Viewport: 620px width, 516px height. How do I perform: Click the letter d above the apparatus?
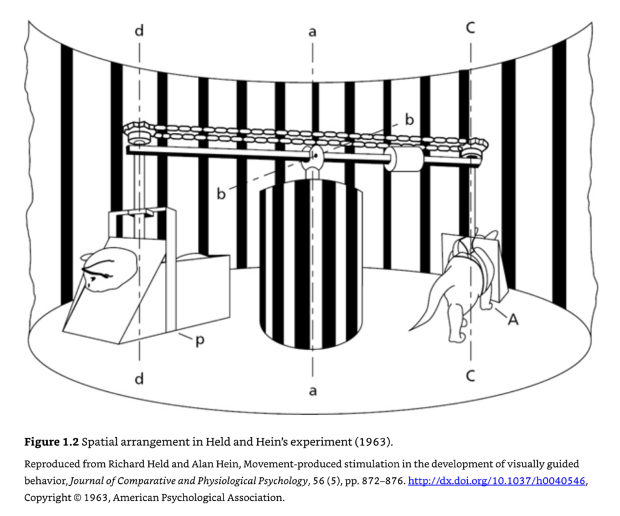pos(139,31)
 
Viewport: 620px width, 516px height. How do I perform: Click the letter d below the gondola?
pos(139,379)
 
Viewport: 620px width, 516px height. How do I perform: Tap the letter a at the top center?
pos(312,31)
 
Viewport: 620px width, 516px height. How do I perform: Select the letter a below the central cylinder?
pos(312,391)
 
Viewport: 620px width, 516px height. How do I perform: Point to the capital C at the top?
pos(470,27)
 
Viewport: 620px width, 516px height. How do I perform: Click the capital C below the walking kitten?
pos(470,376)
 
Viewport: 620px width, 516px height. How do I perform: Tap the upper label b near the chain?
pos(409,120)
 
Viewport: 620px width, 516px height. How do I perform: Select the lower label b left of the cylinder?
pos(222,194)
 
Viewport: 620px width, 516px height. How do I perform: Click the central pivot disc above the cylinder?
pos(313,156)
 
